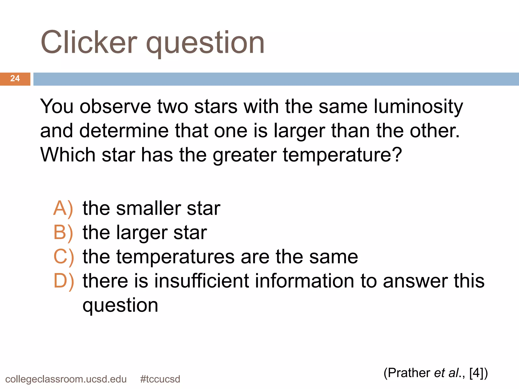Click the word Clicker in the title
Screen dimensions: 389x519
[89, 42]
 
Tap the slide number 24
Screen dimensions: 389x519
[15, 79]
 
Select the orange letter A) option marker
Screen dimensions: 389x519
[63, 208]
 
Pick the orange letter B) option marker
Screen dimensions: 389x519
[63, 232]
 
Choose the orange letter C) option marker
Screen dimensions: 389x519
[64, 257]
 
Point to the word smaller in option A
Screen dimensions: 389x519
[148, 208]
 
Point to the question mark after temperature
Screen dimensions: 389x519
[397, 154]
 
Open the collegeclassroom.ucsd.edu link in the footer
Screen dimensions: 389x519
[66, 379]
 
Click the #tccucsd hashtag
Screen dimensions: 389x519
[160, 379]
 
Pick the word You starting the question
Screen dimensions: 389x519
[57, 106]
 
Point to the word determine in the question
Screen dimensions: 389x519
[124, 131]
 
